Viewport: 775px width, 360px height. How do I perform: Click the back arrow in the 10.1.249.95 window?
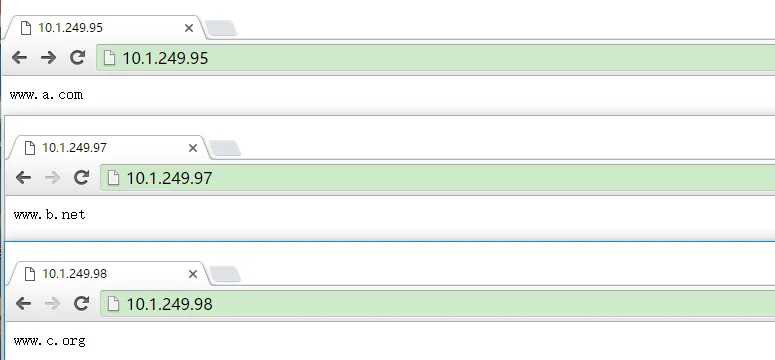(19, 58)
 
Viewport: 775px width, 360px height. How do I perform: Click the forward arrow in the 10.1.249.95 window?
(48, 58)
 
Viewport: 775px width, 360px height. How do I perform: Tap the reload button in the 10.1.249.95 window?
(77, 58)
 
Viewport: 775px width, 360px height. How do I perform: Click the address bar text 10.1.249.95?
(165, 58)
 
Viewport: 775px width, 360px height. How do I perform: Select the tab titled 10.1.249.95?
(70, 27)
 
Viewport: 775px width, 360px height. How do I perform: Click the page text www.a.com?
(46, 95)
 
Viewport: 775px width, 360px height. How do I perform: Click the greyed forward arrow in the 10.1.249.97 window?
(52, 178)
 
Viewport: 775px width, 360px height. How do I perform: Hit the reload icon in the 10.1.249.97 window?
(81, 178)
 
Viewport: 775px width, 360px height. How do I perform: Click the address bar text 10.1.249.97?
(169, 178)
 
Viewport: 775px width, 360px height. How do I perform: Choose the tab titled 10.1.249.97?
(74, 147)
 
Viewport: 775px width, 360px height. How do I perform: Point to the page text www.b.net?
(50, 214)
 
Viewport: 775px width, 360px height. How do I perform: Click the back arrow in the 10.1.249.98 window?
(23, 303)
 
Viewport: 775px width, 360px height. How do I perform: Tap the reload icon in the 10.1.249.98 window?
(81, 303)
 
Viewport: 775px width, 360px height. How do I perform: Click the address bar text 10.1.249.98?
(169, 303)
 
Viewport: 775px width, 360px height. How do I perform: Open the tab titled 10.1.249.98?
(74, 272)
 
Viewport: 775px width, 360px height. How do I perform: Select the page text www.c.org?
(50, 341)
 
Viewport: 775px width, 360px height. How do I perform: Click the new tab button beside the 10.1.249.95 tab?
(221, 28)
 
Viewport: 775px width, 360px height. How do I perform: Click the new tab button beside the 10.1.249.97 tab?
(224, 148)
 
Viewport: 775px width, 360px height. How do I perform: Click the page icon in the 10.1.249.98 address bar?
(113, 303)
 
